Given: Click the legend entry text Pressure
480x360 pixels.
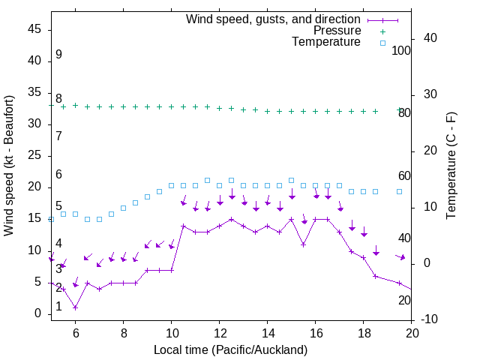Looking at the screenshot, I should point(337,31).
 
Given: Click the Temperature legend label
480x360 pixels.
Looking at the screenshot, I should point(326,43).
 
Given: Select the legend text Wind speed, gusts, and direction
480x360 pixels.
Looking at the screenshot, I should point(274,19).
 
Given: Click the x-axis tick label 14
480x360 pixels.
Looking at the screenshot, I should point(268,334).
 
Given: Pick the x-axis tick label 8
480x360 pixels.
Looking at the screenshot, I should point(124,334).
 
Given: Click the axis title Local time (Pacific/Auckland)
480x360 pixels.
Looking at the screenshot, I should point(230,349).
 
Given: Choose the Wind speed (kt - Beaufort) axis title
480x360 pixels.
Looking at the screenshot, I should point(10,165).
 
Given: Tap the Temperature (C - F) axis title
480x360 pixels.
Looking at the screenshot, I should point(451,165).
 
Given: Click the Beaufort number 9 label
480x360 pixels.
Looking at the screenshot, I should point(58,55).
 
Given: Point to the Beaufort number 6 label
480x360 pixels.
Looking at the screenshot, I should point(58,175).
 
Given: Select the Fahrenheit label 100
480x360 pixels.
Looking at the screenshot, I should point(402,51).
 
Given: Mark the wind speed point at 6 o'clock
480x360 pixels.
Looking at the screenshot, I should point(75,307).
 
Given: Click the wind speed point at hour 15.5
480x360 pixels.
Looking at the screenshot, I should point(303,244).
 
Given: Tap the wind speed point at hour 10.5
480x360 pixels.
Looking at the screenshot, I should point(183,226).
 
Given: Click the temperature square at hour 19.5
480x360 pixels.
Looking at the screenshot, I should point(399,191).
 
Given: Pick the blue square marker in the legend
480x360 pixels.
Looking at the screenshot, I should point(382,43).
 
